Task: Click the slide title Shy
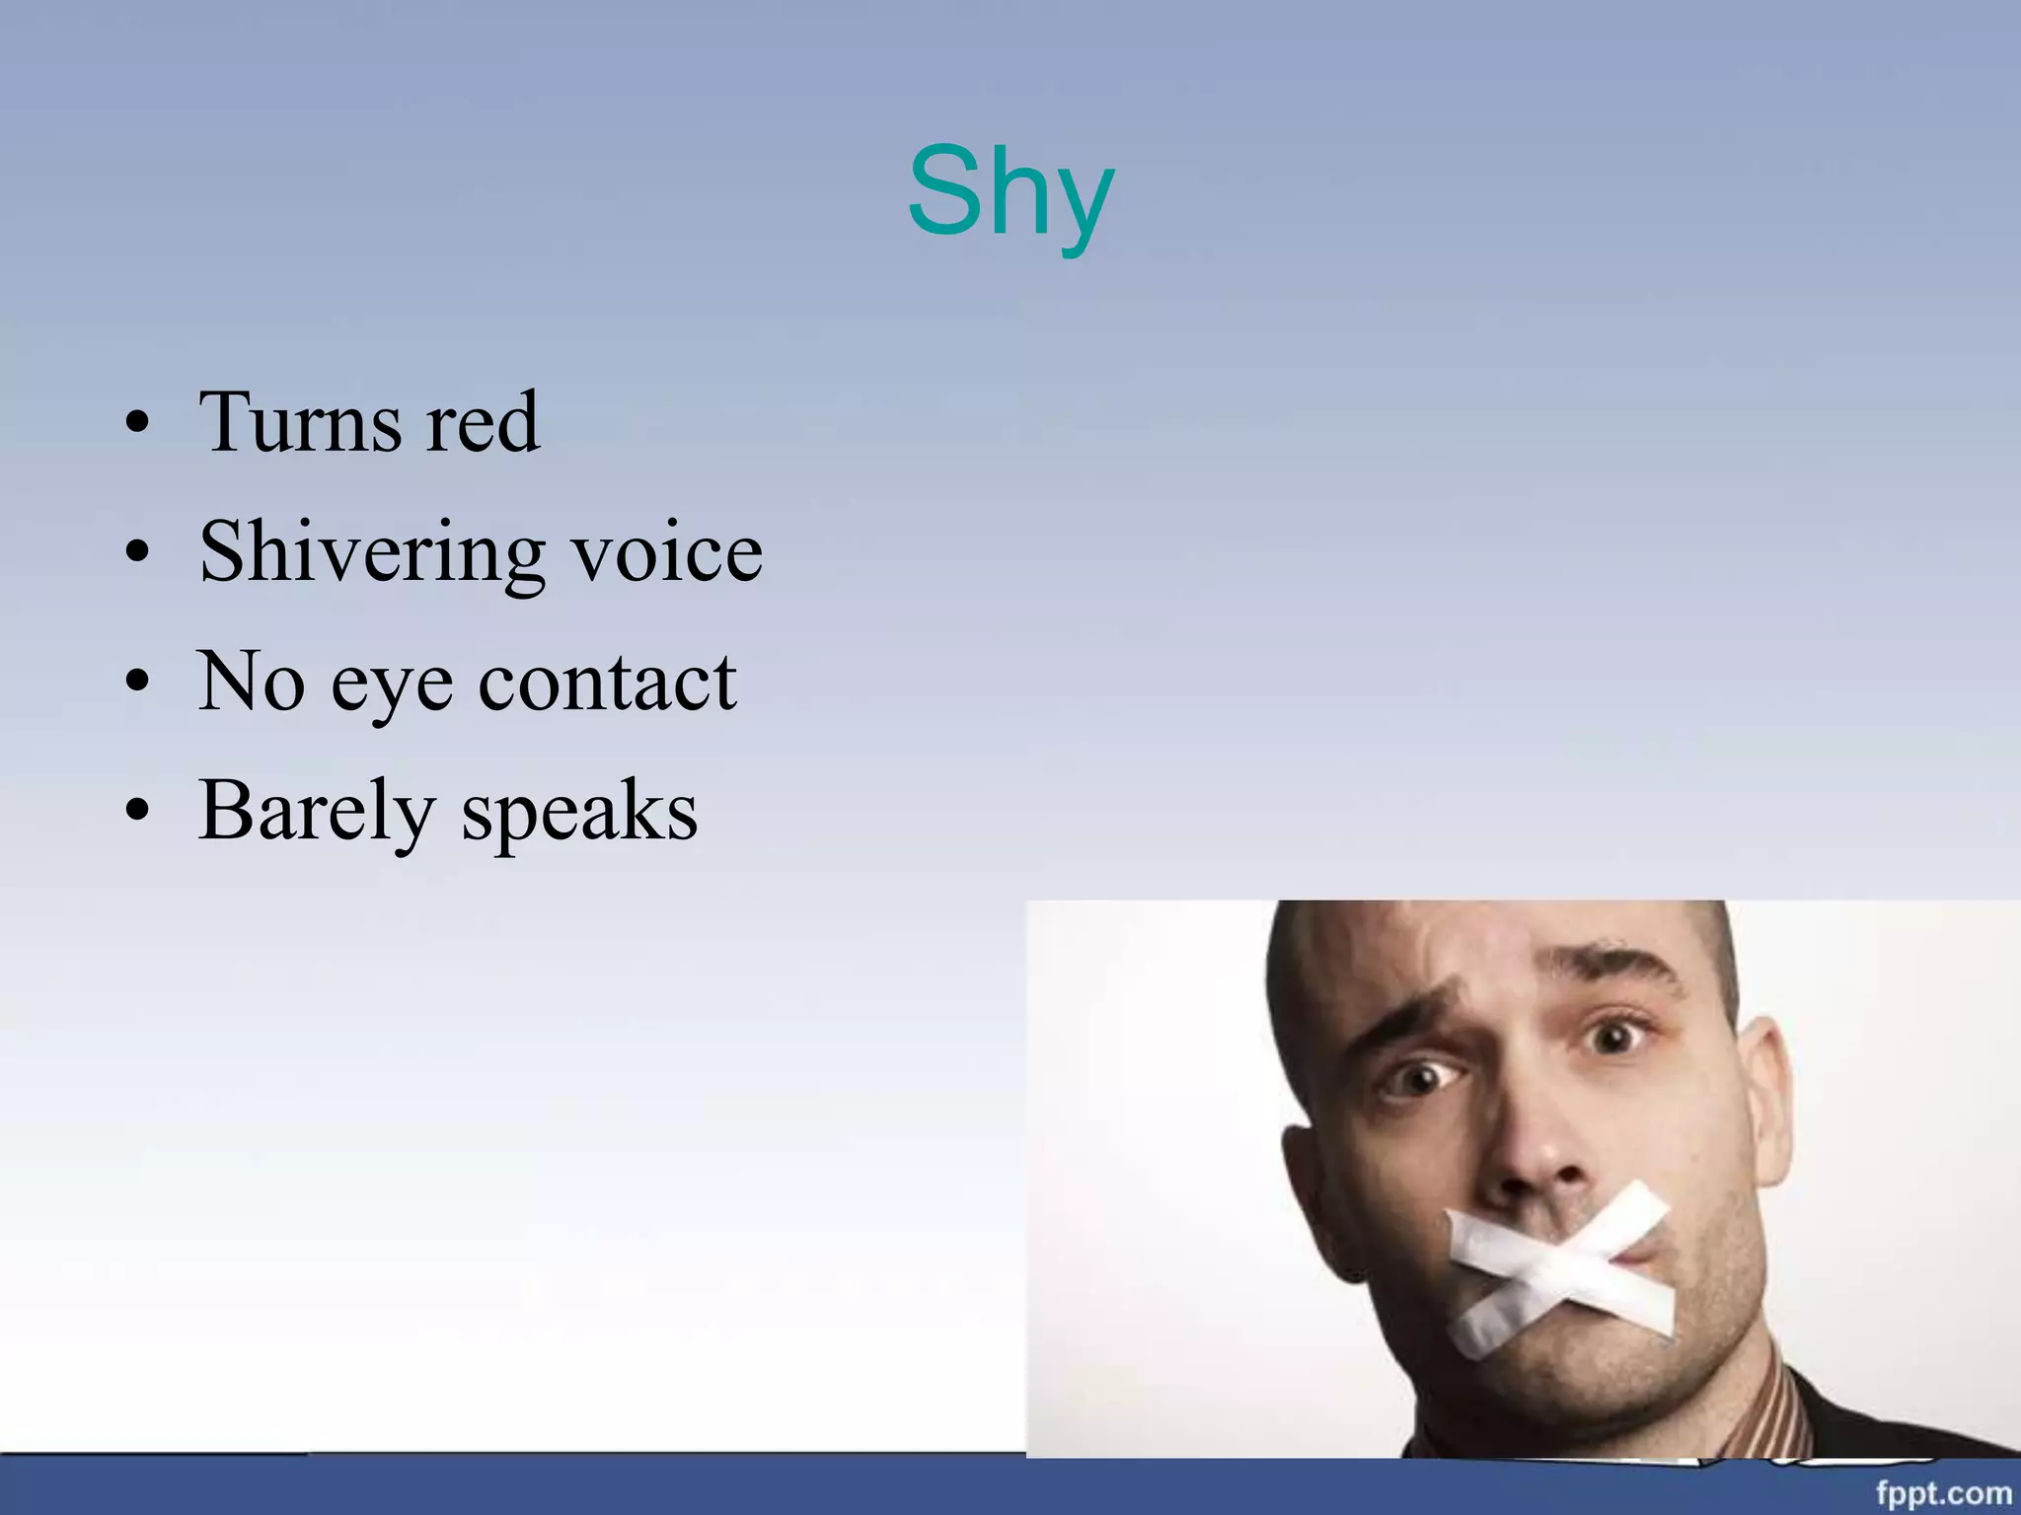(1010, 193)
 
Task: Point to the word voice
(668, 552)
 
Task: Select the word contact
(608, 682)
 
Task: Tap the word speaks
(580, 813)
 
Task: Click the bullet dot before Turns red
(138, 425)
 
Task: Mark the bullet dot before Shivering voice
(138, 553)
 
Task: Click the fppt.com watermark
(1943, 1492)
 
